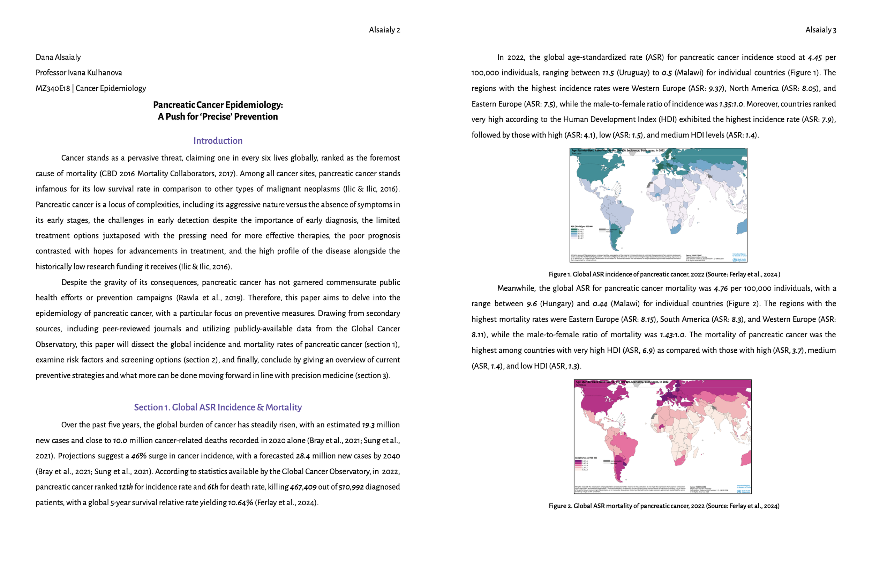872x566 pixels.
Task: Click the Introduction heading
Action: pos(218,141)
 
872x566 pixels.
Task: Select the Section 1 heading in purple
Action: pos(218,407)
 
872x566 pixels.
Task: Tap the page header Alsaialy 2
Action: pos(384,30)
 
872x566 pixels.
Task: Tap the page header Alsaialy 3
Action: pos(820,30)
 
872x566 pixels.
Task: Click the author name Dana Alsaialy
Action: pos(58,57)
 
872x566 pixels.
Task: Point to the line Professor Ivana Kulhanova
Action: pos(79,73)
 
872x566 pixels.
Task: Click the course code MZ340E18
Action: pos(52,88)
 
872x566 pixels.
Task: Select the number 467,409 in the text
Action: pos(303,487)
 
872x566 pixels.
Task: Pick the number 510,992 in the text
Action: pos(351,487)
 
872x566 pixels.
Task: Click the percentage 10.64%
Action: pos(240,503)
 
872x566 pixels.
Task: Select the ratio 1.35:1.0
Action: pos(731,104)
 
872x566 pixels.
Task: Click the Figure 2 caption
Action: pos(664,506)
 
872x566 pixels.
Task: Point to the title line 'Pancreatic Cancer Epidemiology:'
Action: pos(218,105)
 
